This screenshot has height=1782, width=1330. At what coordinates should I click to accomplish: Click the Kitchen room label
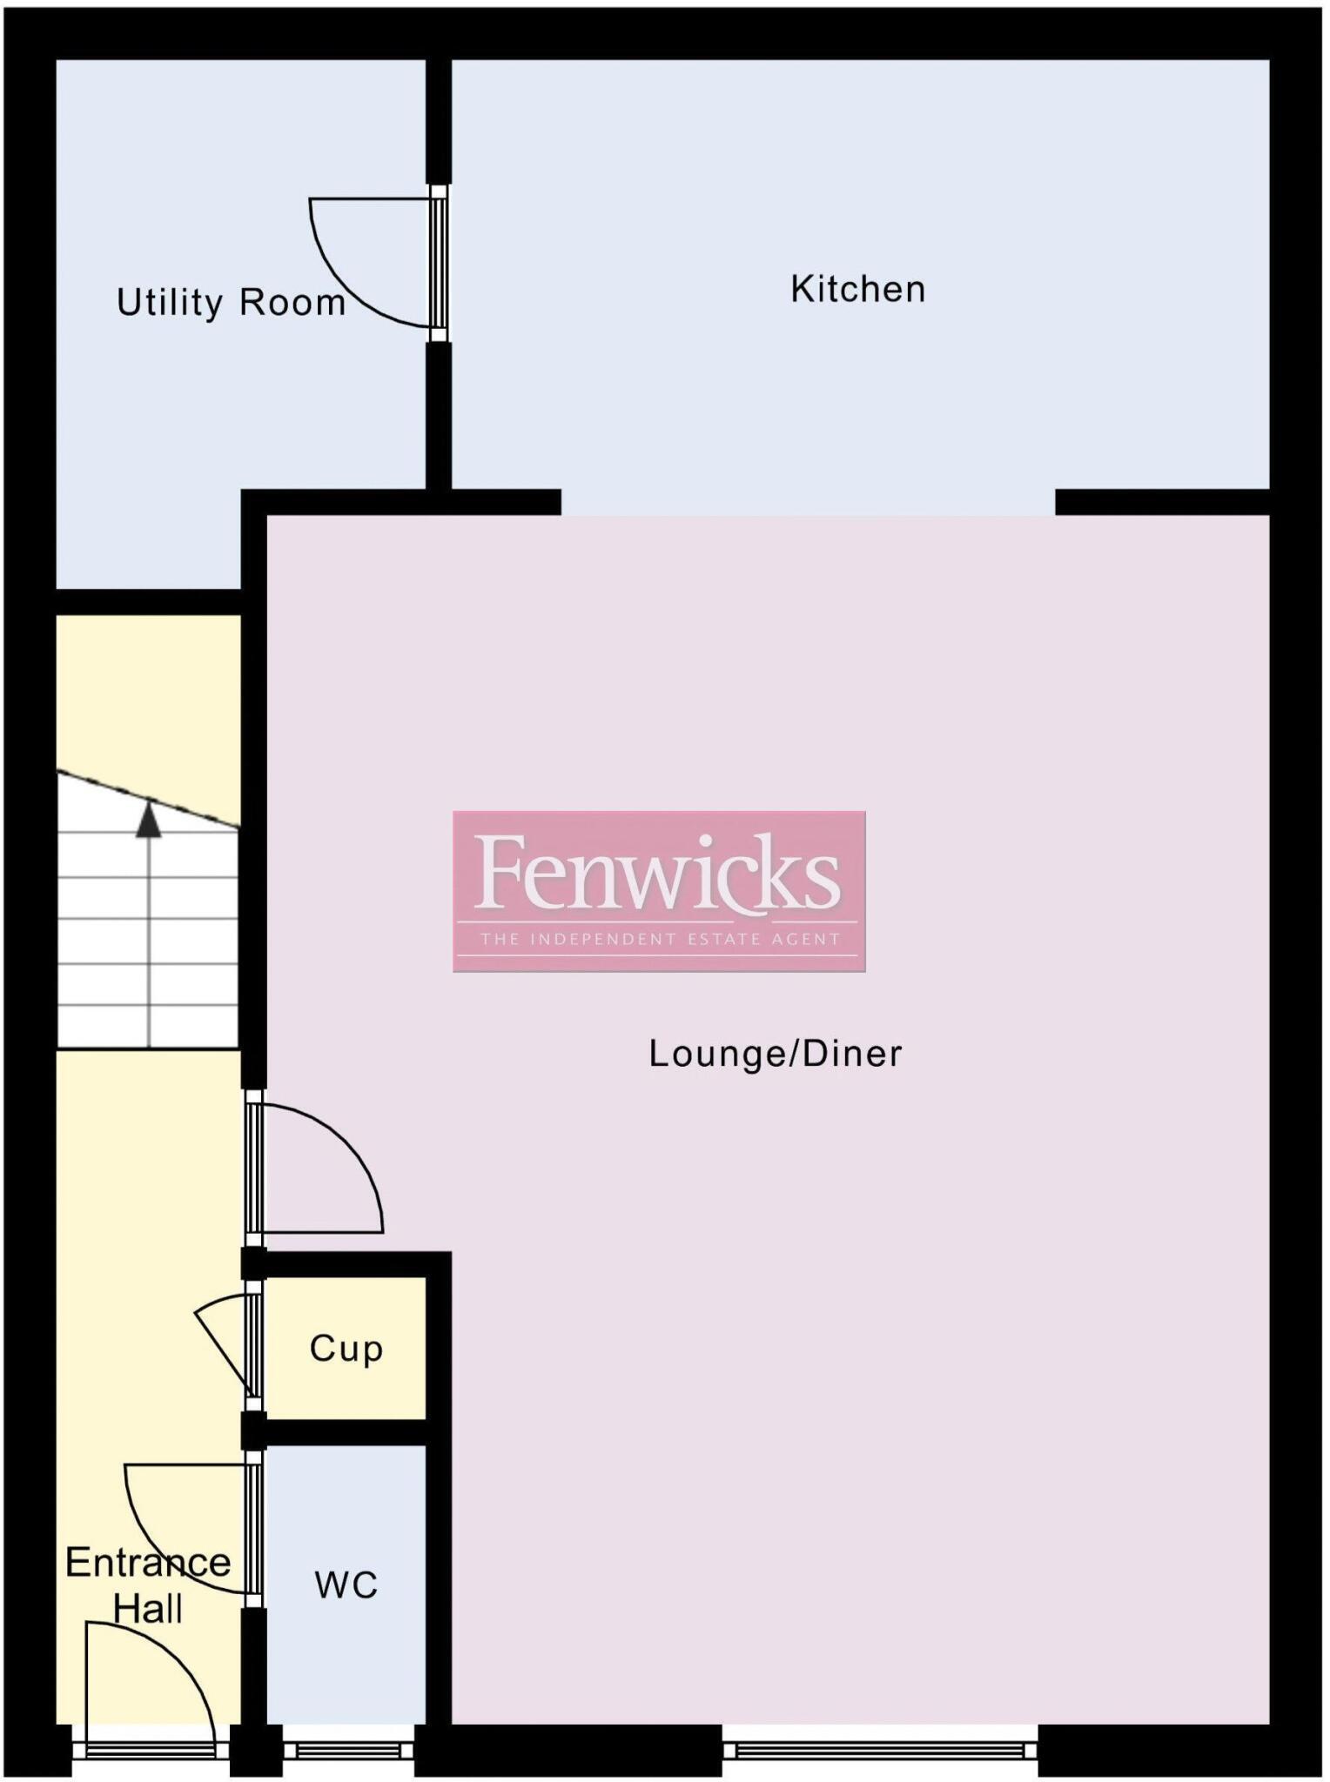[857, 290]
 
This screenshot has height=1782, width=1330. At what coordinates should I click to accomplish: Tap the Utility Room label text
[231, 303]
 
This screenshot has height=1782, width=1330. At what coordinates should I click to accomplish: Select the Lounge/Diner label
[775, 1054]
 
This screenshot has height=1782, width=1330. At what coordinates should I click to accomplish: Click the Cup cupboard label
[346, 1349]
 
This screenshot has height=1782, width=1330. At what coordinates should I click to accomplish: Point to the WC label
[346, 1585]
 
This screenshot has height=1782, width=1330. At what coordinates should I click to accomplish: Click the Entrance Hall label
[148, 1585]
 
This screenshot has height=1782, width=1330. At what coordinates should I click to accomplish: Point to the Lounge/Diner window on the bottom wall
[879, 1750]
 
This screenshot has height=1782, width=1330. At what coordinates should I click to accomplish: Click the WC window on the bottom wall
[348, 1750]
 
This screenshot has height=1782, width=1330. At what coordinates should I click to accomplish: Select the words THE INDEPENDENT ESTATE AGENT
[659, 940]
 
